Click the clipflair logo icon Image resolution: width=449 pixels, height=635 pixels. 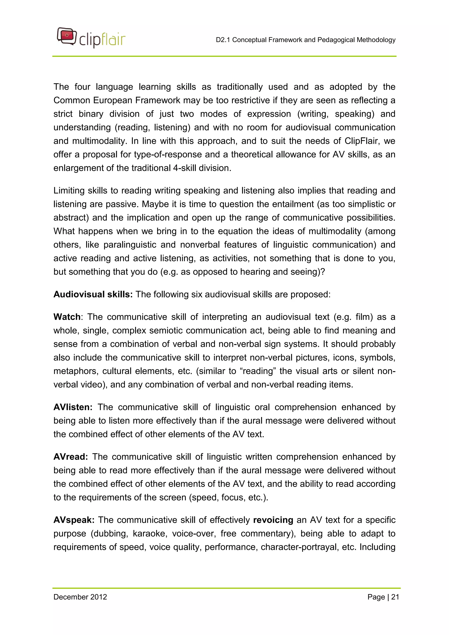(x=67, y=36)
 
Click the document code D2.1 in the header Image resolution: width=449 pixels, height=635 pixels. (x=223, y=40)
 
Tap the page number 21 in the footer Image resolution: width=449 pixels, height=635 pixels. (x=395, y=597)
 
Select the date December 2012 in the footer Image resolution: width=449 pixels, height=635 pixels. (x=80, y=597)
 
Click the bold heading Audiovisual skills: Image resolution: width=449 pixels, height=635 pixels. (x=93, y=294)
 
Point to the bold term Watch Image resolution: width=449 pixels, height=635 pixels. (x=67, y=317)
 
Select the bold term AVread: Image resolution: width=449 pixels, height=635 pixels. (x=71, y=457)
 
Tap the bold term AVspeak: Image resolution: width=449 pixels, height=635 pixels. (x=74, y=520)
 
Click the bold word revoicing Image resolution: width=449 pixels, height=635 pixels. (x=273, y=520)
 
